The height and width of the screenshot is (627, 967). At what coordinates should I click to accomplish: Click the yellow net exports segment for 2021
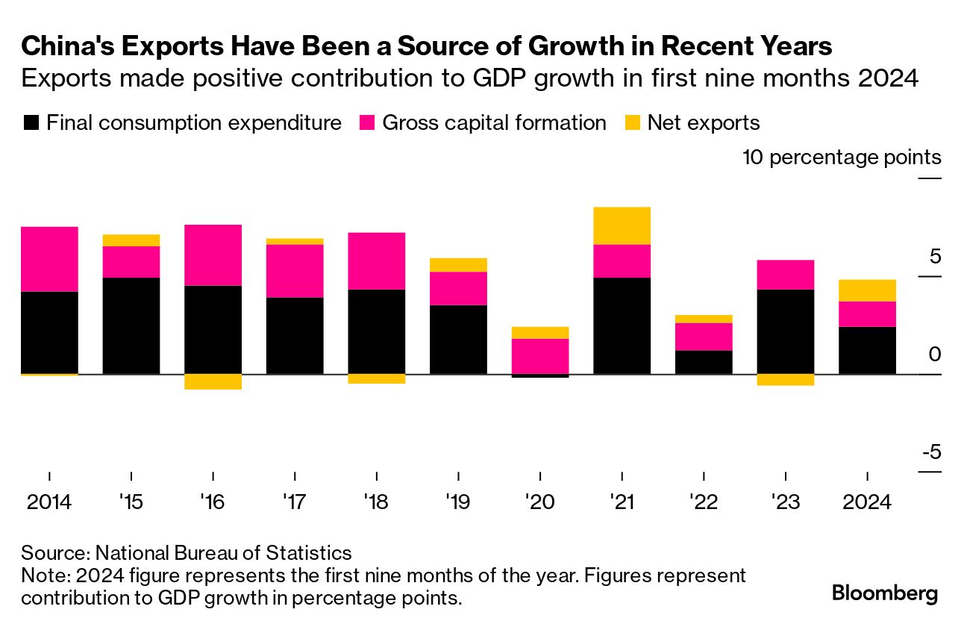pyautogui.click(x=622, y=225)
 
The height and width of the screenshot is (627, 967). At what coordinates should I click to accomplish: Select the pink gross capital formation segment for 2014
pyautogui.click(x=49, y=258)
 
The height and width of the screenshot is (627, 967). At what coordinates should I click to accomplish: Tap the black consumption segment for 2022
pyautogui.click(x=704, y=362)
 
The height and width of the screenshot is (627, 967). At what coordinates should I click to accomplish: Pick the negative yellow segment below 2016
pyautogui.click(x=213, y=381)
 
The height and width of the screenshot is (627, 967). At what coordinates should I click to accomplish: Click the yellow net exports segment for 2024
pyautogui.click(x=867, y=290)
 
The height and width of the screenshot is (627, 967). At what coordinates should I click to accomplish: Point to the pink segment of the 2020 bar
pyautogui.click(x=539, y=356)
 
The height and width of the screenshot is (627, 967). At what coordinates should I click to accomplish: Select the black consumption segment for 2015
pyautogui.click(x=131, y=325)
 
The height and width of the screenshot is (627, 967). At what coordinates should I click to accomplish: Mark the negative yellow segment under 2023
pyautogui.click(x=785, y=380)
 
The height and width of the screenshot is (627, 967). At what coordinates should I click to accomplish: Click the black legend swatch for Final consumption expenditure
pyautogui.click(x=31, y=123)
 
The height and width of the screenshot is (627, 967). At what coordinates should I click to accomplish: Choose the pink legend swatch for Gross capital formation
pyautogui.click(x=367, y=123)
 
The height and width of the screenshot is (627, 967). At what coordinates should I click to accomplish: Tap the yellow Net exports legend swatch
pyautogui.click(x=632, y=123)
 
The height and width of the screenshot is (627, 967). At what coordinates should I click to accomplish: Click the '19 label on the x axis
pyautogui.click(x=457, y=502)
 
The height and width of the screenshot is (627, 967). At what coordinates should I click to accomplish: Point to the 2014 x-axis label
pyautogui.click(x=49, y=502)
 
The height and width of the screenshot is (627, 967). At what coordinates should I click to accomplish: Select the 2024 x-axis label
pyautogui.click(x=867, y=502)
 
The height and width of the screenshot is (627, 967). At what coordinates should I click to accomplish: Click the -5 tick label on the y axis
pyautogui.click(x=930, y=452)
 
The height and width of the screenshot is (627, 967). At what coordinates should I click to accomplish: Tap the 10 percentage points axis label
pyautogui.click(x=842, y=157)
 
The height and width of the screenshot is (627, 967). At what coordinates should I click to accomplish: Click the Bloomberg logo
pyautogui.click(x=885, y=594)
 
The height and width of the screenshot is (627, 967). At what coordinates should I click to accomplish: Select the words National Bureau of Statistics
pyautogui.click(x=223, y=553)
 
